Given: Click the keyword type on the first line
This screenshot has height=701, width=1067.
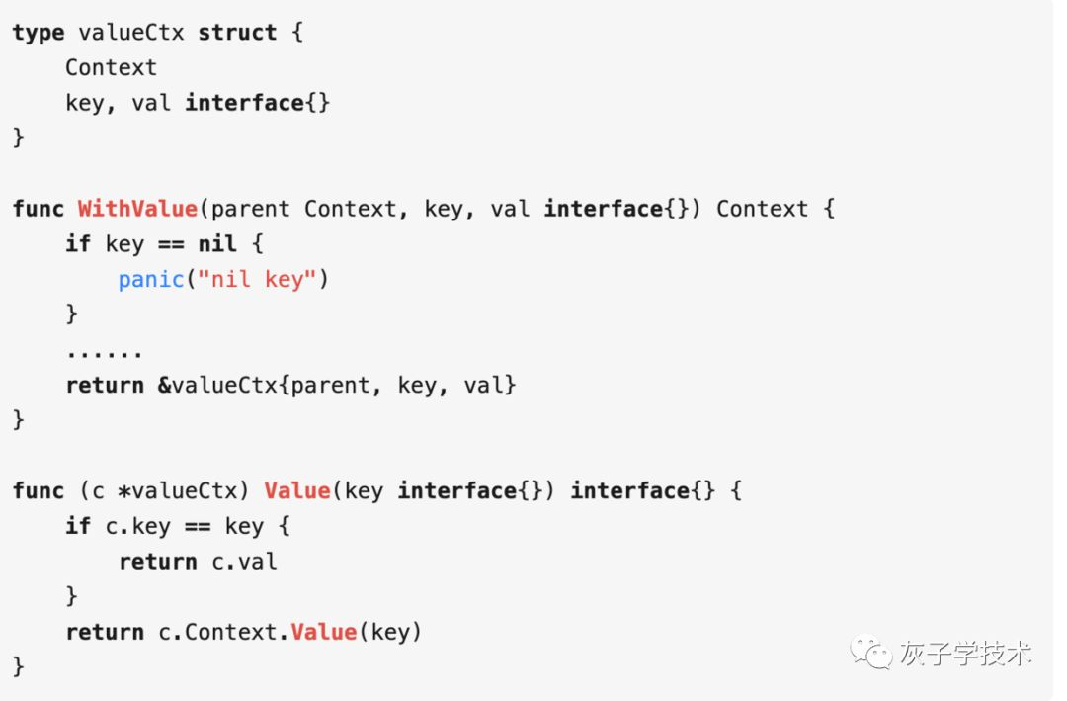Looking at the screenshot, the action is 39,33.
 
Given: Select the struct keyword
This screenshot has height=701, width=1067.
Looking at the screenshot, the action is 237,33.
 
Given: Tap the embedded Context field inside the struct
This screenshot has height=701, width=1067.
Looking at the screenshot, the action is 111,67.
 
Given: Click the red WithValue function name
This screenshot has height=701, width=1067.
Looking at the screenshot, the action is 137,209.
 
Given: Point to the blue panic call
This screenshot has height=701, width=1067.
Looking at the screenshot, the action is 151,279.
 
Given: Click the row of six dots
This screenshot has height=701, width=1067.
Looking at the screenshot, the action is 105,352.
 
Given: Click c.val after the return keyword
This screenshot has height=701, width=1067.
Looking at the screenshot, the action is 244,562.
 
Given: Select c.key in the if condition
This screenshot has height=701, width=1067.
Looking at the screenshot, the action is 138,526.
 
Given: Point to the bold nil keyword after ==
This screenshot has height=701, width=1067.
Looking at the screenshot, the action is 217,243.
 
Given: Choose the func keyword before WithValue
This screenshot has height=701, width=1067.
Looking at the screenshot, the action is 39,209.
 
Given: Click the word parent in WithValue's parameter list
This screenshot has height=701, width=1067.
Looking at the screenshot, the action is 251,209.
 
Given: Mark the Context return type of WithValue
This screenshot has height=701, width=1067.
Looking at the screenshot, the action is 762,209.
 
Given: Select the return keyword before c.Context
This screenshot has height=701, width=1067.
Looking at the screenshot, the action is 105,632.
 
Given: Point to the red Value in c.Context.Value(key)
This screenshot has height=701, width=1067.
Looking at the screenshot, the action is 323,632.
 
